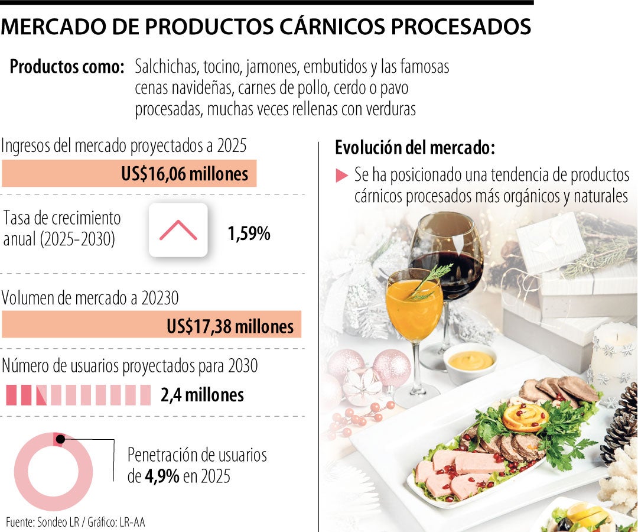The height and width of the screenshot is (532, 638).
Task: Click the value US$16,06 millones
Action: (x=184, y=174)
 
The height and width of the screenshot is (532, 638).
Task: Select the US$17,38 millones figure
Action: (x=230, y=326)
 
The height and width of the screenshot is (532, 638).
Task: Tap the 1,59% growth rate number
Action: (x=249, y=233)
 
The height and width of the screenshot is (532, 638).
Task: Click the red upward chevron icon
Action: (x=178, y=230)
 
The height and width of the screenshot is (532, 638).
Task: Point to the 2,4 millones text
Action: (x=202, y=394)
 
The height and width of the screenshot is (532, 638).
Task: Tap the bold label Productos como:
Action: (x=67, y=67)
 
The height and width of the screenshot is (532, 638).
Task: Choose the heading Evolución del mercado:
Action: (x=415, y=148)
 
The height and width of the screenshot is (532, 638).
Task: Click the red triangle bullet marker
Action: (x=341, y=175)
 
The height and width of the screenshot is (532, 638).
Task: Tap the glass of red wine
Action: (x=447, y=260)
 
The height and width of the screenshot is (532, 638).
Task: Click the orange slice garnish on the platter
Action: (x=525, y=417)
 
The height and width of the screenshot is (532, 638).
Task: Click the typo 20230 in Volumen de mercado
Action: (x=159, y=299)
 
